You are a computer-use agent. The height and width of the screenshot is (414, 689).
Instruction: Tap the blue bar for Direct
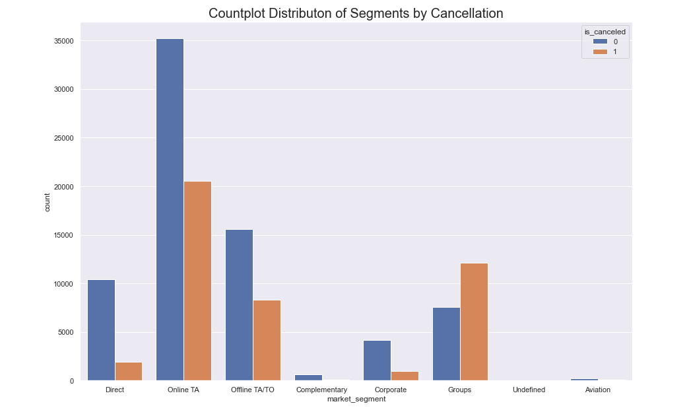[101, 330]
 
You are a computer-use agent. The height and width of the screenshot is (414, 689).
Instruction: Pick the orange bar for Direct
[129, 371]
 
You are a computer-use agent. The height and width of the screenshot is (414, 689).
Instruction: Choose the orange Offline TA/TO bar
[267, 340]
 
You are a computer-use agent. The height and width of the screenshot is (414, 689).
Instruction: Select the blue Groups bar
[446, 344]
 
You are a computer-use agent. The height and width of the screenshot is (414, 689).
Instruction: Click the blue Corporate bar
[377, 361]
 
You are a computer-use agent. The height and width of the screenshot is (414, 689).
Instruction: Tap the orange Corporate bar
[405, 376]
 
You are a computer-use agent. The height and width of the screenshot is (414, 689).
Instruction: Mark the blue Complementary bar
[308, 378]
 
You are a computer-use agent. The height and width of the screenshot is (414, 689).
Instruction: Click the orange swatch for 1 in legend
[600, 52]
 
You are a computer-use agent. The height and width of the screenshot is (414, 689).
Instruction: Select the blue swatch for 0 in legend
[600, 42]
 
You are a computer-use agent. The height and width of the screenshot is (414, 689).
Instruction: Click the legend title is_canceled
[605, 32]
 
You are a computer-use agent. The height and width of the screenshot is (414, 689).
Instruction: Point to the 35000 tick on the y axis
[63, 41]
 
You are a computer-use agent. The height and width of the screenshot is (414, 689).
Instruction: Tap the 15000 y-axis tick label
[63, 235]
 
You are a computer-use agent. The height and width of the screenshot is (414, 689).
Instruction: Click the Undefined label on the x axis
[529, 390]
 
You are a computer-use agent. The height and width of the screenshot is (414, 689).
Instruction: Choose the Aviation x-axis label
[598, 390]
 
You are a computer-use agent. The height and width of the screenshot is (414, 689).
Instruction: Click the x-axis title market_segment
[356, 399]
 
